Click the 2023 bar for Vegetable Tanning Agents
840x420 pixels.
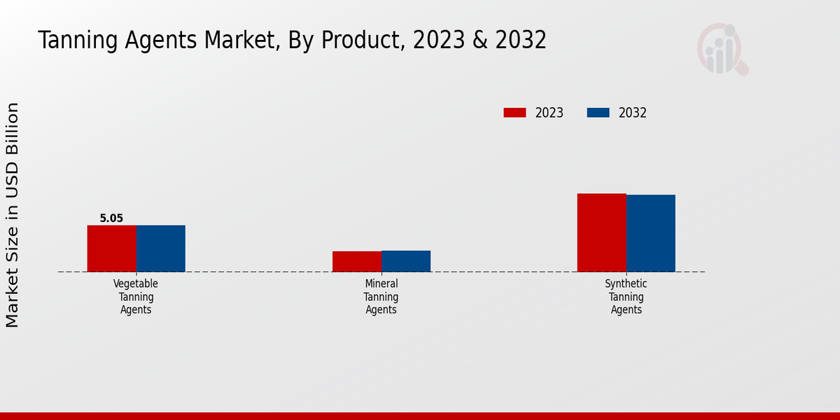click(112, 248)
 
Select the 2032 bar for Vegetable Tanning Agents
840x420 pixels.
click(161, 248)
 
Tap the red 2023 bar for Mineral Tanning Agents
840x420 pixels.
click(357, 261)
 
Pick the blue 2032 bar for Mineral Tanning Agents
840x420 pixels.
click(406, 261)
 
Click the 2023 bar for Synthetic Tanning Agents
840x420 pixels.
click(601, 232)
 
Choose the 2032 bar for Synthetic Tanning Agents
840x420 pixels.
click(651, 233)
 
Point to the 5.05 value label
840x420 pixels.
click(111, 218)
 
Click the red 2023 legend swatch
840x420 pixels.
click(514, 113)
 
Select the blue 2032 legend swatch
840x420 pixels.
click(598, 113)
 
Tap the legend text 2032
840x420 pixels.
click(633, 113)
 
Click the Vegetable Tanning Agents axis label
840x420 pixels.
click(136, 297)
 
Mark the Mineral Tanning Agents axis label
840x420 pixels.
click(381, 297)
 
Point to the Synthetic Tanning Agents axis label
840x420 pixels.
click(626, 297)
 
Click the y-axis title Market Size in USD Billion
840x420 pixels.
click(13, 215)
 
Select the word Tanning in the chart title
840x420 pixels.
click(77, 41)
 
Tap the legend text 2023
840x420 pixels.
click(549, 113)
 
